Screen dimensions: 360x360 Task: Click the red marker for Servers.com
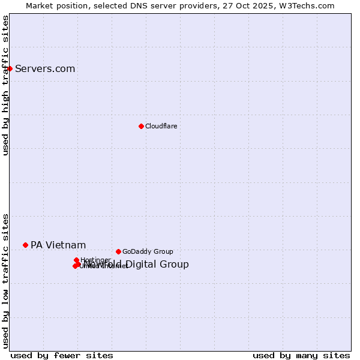point(10,68)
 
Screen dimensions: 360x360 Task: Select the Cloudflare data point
point(141,126)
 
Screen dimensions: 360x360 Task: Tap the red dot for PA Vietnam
point(25,245)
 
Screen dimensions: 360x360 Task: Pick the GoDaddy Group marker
point(118,251)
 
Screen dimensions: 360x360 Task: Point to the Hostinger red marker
point(76,260)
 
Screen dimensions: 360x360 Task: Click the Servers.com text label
point(45,68)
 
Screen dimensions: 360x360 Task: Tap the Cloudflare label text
point(161,126)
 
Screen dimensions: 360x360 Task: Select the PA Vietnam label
point(58,245)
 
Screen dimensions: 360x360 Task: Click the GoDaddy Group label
point(148,251)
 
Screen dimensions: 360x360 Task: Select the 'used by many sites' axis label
point(301,355)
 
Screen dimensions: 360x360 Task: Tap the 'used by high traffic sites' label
point(5,85)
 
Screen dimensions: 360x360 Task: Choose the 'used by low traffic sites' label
point(5,280)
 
